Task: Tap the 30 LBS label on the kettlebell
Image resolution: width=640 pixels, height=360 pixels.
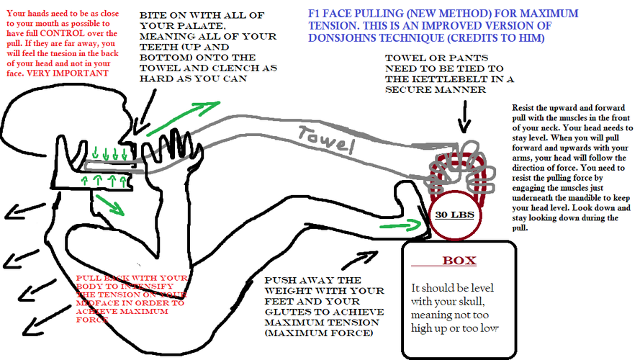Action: pos(452,214)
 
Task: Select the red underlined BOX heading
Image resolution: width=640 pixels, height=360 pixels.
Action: pos(459,260)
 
